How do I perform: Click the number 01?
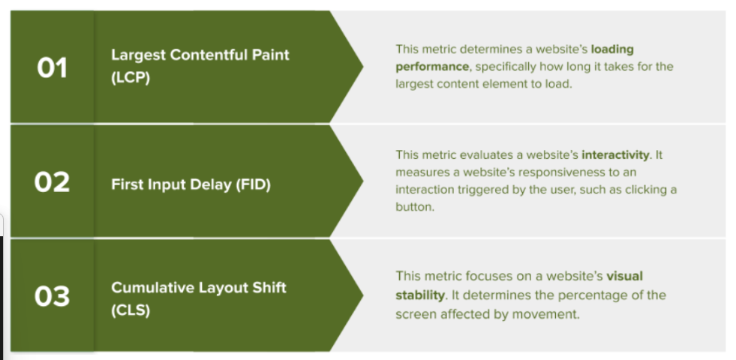point(52,68)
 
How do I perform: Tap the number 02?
point(52,182)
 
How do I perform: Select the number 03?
point(52,297)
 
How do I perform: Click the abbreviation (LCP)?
point(131,77)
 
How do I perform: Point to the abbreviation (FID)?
point(254,185)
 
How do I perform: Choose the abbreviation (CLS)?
point(131,310)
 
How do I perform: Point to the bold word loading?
point(612,49)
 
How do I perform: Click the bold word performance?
point(432,67)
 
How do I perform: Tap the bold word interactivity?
point(615,155)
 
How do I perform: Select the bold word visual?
point(625,276)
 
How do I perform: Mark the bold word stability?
point(419,295)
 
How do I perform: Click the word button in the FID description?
point(413,207)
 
